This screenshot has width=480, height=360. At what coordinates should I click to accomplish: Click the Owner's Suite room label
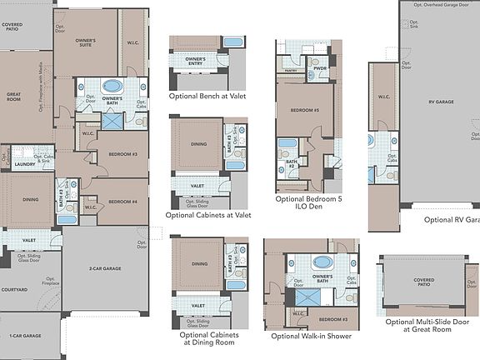(x=86, y=42)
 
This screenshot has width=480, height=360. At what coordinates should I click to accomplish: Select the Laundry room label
(x=24, y=164)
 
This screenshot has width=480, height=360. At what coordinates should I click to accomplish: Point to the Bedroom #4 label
(x=122, y=202)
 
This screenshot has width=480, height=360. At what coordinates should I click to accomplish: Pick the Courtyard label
(x=14, y=289)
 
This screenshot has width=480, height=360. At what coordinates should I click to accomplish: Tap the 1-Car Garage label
(x=25, y=335)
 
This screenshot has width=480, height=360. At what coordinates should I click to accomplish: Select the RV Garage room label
(x=441, y=102)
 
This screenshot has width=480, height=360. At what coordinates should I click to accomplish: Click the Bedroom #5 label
(x=304, y=110)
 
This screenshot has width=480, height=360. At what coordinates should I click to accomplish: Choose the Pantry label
(x=291, y=71)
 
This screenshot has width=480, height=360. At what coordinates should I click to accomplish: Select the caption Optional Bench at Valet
(x=207, y=96)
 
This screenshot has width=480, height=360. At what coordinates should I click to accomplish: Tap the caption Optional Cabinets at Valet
(x=208, y=215)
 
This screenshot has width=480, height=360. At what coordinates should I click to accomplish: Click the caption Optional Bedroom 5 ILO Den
(x=308, y=203)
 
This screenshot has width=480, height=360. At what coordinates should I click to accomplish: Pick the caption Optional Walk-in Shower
(x=311, y=337)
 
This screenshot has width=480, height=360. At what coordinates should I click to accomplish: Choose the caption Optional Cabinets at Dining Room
(x=208, y=338)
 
